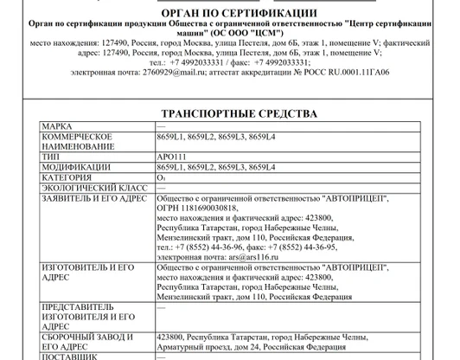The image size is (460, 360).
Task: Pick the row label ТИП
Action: (x=52, y=157)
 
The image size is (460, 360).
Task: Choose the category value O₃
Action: (x=161, y=177)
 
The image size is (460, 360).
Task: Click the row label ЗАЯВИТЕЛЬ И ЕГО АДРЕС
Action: (x=95, y=197)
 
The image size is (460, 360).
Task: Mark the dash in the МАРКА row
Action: (x=161, y=127)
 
